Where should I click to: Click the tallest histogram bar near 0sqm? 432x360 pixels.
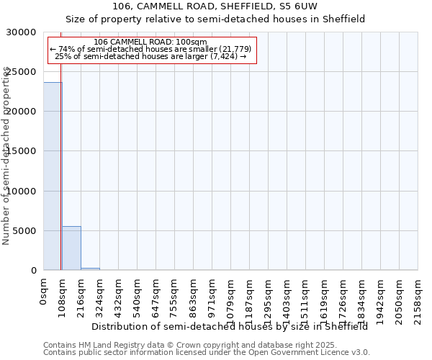coord(53,176)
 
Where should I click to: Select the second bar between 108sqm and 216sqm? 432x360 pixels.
coord(71,248)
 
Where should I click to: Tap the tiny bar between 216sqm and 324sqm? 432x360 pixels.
coord(90,269)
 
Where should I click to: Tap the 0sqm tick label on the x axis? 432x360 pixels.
coord(44,293)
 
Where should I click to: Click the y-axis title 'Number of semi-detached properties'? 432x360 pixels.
coord(6,156)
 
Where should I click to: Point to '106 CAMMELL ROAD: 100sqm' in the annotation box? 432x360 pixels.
coord(150,42)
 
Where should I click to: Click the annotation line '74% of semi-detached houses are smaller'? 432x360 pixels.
coord(150,49)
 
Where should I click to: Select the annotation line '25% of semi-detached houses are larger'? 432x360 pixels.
coord(150,56)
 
